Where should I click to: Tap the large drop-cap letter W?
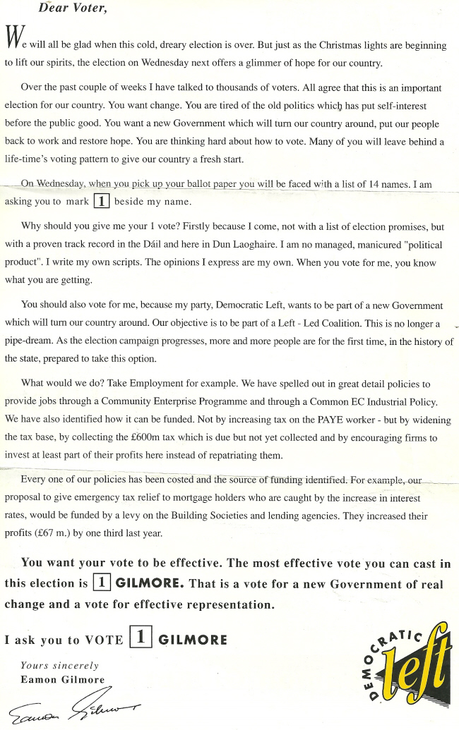(13, 39)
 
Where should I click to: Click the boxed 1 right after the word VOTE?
(141, 638)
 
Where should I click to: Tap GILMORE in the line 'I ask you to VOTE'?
(193, 640)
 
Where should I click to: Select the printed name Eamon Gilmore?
(62, 679)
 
